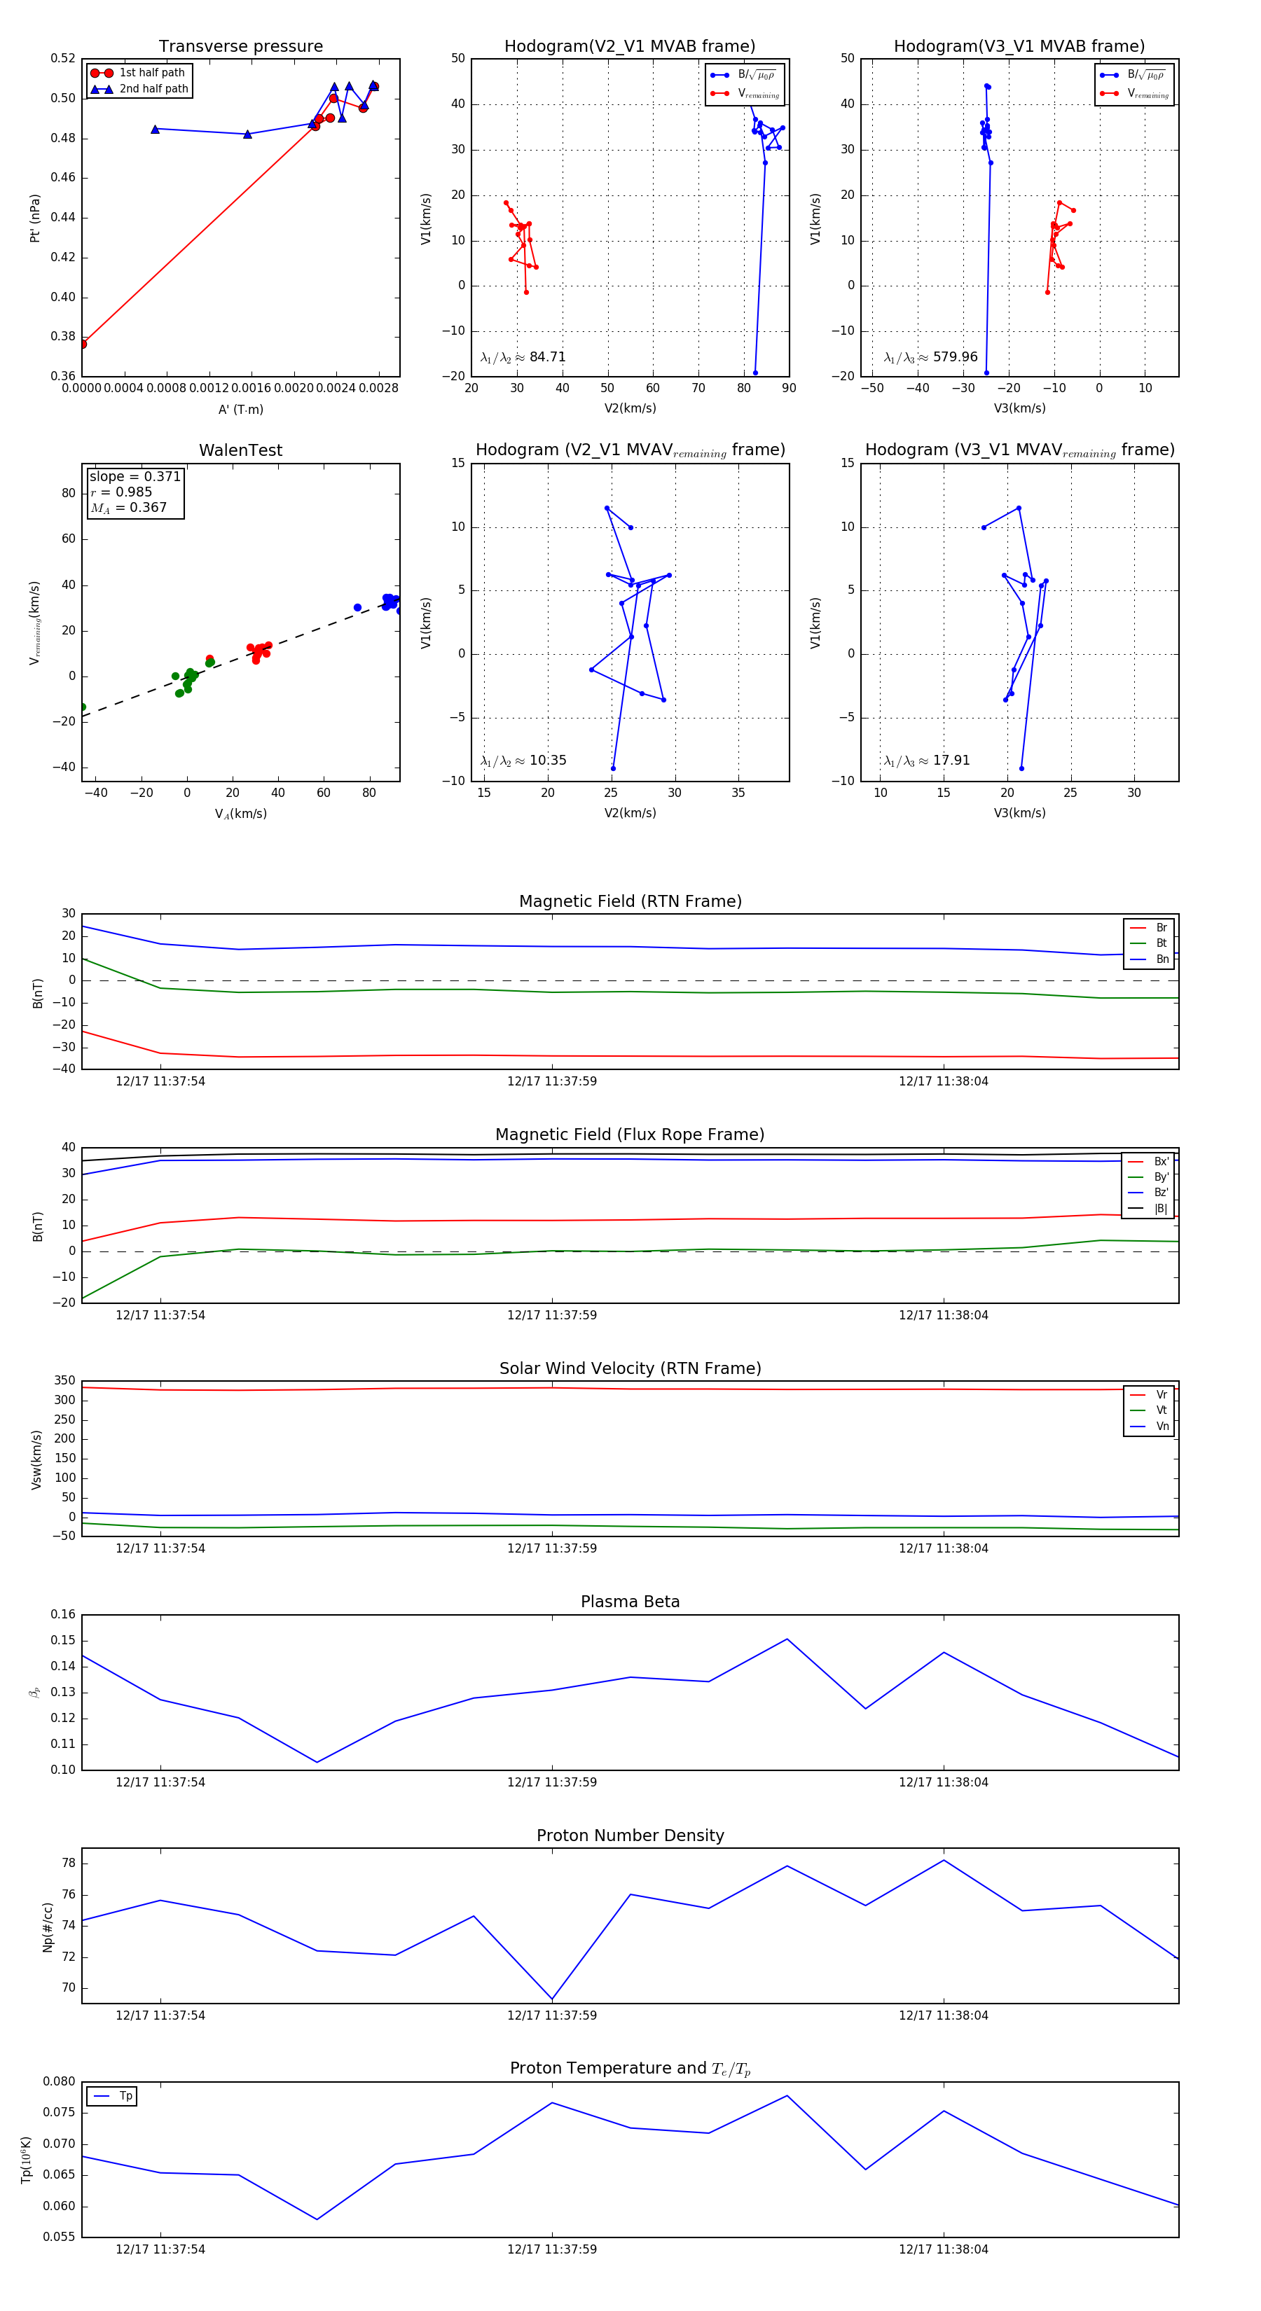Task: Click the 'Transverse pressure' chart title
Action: [x=240, y=47]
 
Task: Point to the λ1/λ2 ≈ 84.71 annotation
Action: [x=523, y=357]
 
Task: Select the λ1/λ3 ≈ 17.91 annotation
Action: [x=926, y=761]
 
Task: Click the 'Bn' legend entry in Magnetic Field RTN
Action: [x=1162, y=959]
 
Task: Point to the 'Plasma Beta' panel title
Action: [x=630, y=1602]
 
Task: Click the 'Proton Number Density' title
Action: [x=630, y=1835]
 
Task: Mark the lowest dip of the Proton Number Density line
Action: [x=552, y=1999]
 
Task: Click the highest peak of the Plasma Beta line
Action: [x=787, y=1639]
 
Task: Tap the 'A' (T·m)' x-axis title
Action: [x=240, y=409]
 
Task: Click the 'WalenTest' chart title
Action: [x=240, y=450]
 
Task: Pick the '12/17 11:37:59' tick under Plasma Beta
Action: [x=552, y=1782]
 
